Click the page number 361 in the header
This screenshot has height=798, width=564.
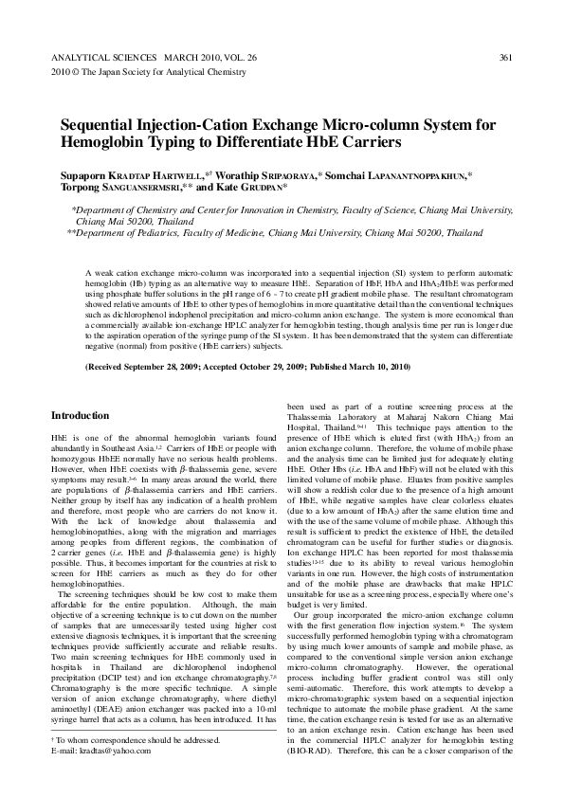tap(505, 58)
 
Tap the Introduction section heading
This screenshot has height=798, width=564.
tap(81, 415)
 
